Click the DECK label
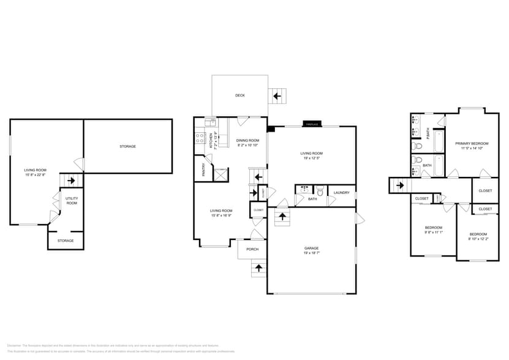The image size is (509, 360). (x=240, y=96)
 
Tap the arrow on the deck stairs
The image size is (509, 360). (x=277, y=96)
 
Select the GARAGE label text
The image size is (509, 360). (x=311, y=248)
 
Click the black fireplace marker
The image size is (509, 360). (x=312, y=125)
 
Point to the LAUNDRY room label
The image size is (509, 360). (x=341, y=193)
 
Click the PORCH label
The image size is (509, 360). (x=252, y=249)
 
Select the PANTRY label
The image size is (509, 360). (x=203, y=170)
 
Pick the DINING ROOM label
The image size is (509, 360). (x=247, y=141)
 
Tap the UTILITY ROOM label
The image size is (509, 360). (x=72, y=201)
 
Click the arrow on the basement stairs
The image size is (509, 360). (x=72, y=181)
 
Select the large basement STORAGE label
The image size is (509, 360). (x=127, y=146)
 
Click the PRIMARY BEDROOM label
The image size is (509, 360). (x=472, y=143)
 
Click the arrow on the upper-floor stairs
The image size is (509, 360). (x=400, y=186)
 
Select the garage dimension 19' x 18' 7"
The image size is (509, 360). (x=311, y=252)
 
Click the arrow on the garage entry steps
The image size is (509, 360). (x=282, y=216)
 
